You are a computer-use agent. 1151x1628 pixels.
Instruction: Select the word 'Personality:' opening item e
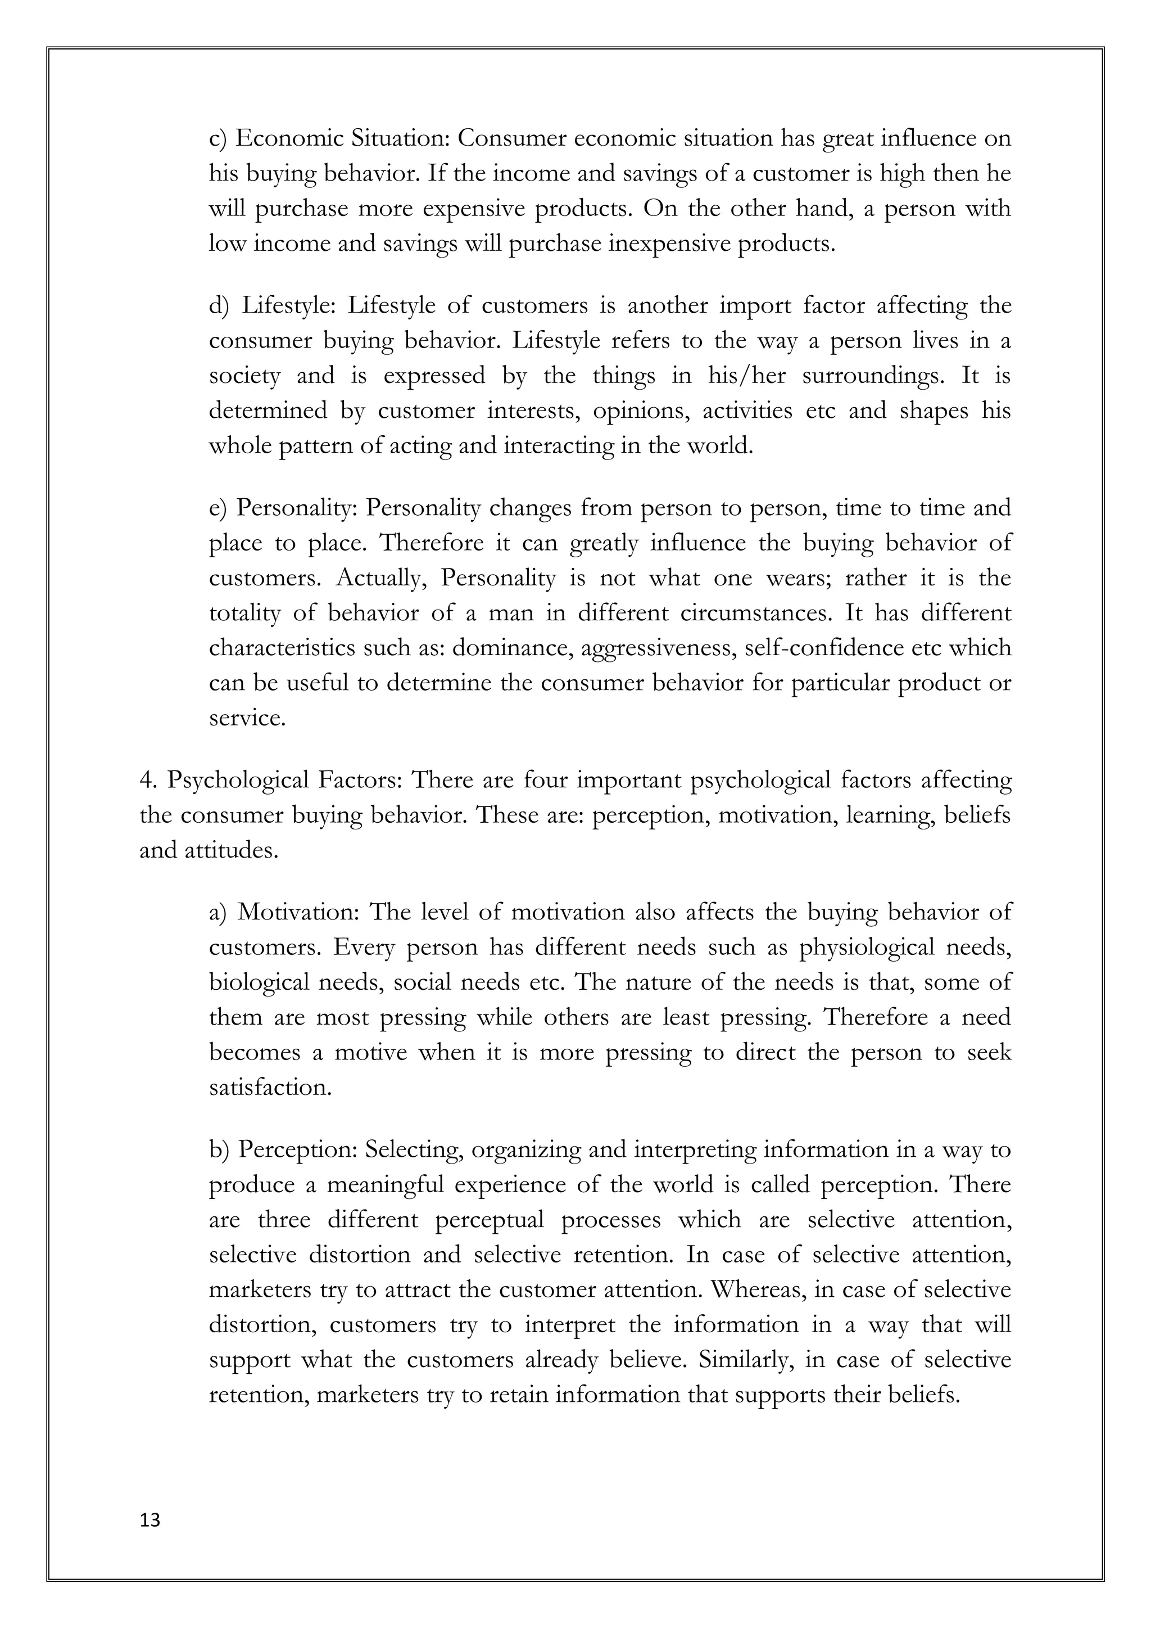coord(298,508)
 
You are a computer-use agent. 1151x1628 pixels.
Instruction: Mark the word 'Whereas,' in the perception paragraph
coord(758,1289)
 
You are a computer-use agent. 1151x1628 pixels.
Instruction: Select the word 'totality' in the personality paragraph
coord(244,612)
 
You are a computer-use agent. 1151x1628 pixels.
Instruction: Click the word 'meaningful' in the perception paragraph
coord(385,1184)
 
